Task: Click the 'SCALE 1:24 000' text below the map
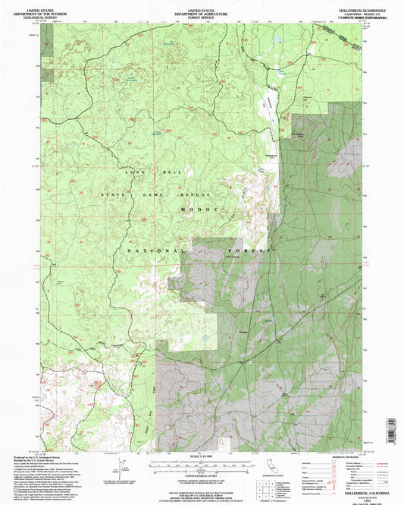pyautogui.click(x=201, y=455)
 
